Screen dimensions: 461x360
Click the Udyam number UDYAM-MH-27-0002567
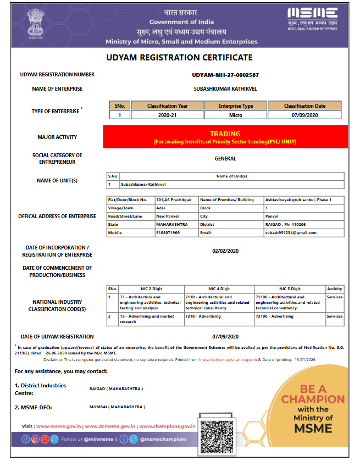click(x=225, y=75)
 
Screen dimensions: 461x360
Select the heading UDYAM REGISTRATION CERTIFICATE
click(x=179, y=58)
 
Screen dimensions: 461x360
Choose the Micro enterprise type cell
click(x=235, y=115)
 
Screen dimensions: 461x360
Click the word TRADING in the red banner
click(x=225, y=134)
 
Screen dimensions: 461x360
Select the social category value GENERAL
click(x=225, y=159)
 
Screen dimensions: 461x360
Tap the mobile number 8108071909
click(x=168, y=232)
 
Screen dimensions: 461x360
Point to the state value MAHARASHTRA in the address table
click(x=172, y=224)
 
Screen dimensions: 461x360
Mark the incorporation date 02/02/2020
click(x=225, y=251)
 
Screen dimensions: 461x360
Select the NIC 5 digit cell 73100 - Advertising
click(x=275, y=316)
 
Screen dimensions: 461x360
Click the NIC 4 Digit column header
click(x=219, y=288)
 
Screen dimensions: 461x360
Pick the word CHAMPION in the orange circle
click(x=313, y=399)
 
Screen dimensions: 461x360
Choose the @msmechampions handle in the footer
click(x=163, y=439)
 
